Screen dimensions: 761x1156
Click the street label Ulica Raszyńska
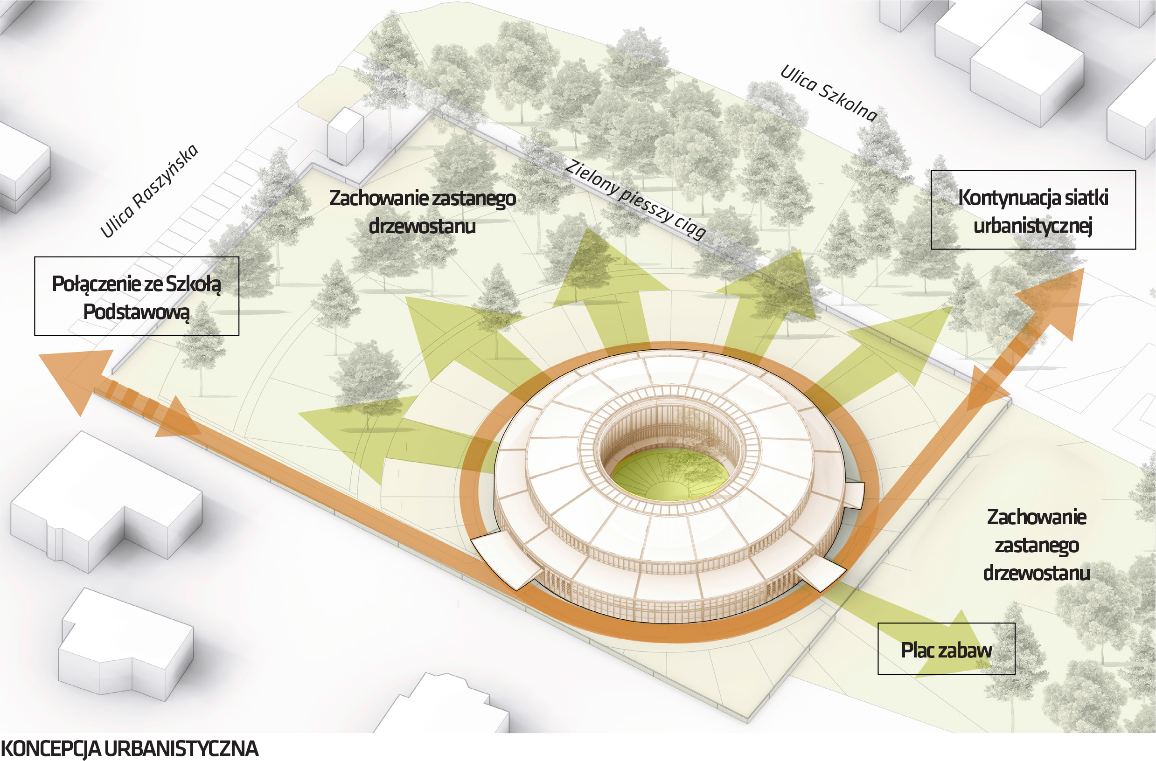[x=149, y=190]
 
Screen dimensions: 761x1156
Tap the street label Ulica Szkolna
[x=829, y=93]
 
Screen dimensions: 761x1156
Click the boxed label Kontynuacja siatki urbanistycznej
[x=1033, y=210]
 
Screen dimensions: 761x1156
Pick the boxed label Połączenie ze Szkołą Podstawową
[x=137, y=296]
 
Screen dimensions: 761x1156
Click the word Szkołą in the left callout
[x=194, y=284]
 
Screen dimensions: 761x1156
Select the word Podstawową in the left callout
[x=137, y=311]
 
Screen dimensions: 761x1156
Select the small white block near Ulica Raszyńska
[x=345, y=136]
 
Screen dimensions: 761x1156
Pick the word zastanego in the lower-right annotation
[x=1037, y=546]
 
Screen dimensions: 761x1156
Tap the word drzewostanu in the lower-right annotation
[x=1037, y=573]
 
